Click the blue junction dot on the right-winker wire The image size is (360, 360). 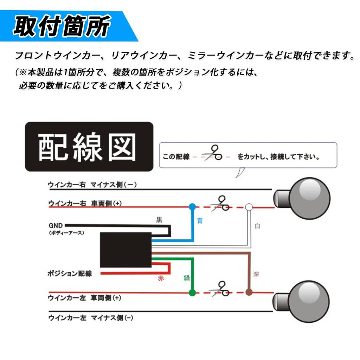tap(192, 206)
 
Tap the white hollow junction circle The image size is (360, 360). tap(249, 207)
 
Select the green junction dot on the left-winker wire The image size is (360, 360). tap(192, 292)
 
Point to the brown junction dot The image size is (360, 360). tap(249, 292)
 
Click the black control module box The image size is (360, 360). tap(126, 250)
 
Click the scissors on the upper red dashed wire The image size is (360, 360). tap(220, 204)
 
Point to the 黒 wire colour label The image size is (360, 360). tap(159, 220)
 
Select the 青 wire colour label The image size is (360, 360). tap(200, 221)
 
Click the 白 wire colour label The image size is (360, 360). tap(257, 226)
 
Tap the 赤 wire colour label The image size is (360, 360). tap(161, 278)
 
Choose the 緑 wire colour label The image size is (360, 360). tap(187, 278)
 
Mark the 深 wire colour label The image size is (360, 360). tap(256, 274)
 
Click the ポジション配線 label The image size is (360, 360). tap(70, 273)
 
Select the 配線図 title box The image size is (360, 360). tap(89, 147)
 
